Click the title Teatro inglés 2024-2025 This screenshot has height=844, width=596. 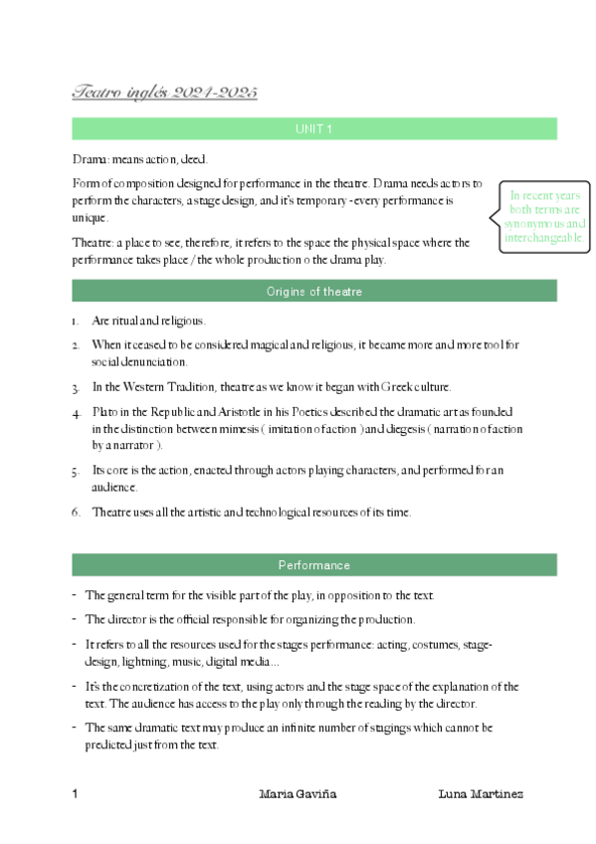tap(164, 93)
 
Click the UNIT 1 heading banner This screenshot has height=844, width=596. tap(313, 129)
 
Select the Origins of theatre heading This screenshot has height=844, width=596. tap(313, 292)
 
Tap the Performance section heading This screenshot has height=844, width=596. tap(313, 565)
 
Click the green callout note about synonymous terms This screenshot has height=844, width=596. tap(544, 217)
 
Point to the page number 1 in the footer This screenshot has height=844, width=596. tap(76, 794)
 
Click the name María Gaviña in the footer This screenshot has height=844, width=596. tap(298, 794)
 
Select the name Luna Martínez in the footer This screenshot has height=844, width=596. tap(481, 794)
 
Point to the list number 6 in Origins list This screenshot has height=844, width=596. tap(76, 513)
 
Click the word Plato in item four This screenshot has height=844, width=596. tap(105, 411)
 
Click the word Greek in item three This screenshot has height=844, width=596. tap(390, 387)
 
